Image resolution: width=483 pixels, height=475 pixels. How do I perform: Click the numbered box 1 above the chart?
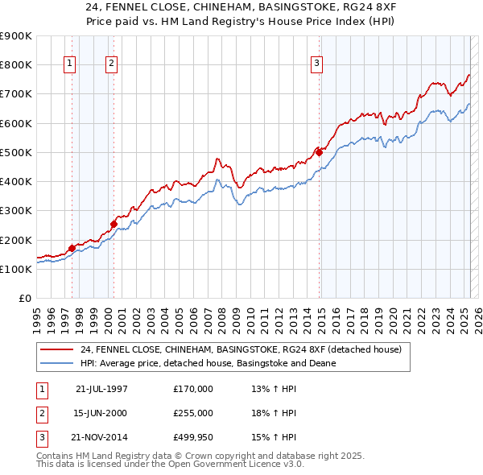coord(70,64)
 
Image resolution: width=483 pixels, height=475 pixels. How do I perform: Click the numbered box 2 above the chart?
coord(111,64)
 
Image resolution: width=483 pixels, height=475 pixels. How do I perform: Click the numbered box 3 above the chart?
coord(317,64)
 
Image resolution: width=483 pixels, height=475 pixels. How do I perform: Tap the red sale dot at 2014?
coord(319,151)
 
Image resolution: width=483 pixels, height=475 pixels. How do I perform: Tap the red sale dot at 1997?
coord(72,248)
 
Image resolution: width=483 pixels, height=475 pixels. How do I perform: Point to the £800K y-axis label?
coord(16,64)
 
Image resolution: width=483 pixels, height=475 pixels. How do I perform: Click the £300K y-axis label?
coord(16,211)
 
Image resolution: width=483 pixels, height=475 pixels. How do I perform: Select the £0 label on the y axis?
coord(26,299)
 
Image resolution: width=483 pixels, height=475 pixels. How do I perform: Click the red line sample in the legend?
coord(56,350)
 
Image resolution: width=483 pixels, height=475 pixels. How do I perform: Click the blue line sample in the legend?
coord(56,363)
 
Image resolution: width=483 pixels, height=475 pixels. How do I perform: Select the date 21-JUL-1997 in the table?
coord(101,388)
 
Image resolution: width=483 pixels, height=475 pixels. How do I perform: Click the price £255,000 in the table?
coord(193,413)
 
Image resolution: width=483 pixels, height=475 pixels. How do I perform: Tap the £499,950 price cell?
coord(193,438)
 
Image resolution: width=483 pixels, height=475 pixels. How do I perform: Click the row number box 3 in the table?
coord(41,438)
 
